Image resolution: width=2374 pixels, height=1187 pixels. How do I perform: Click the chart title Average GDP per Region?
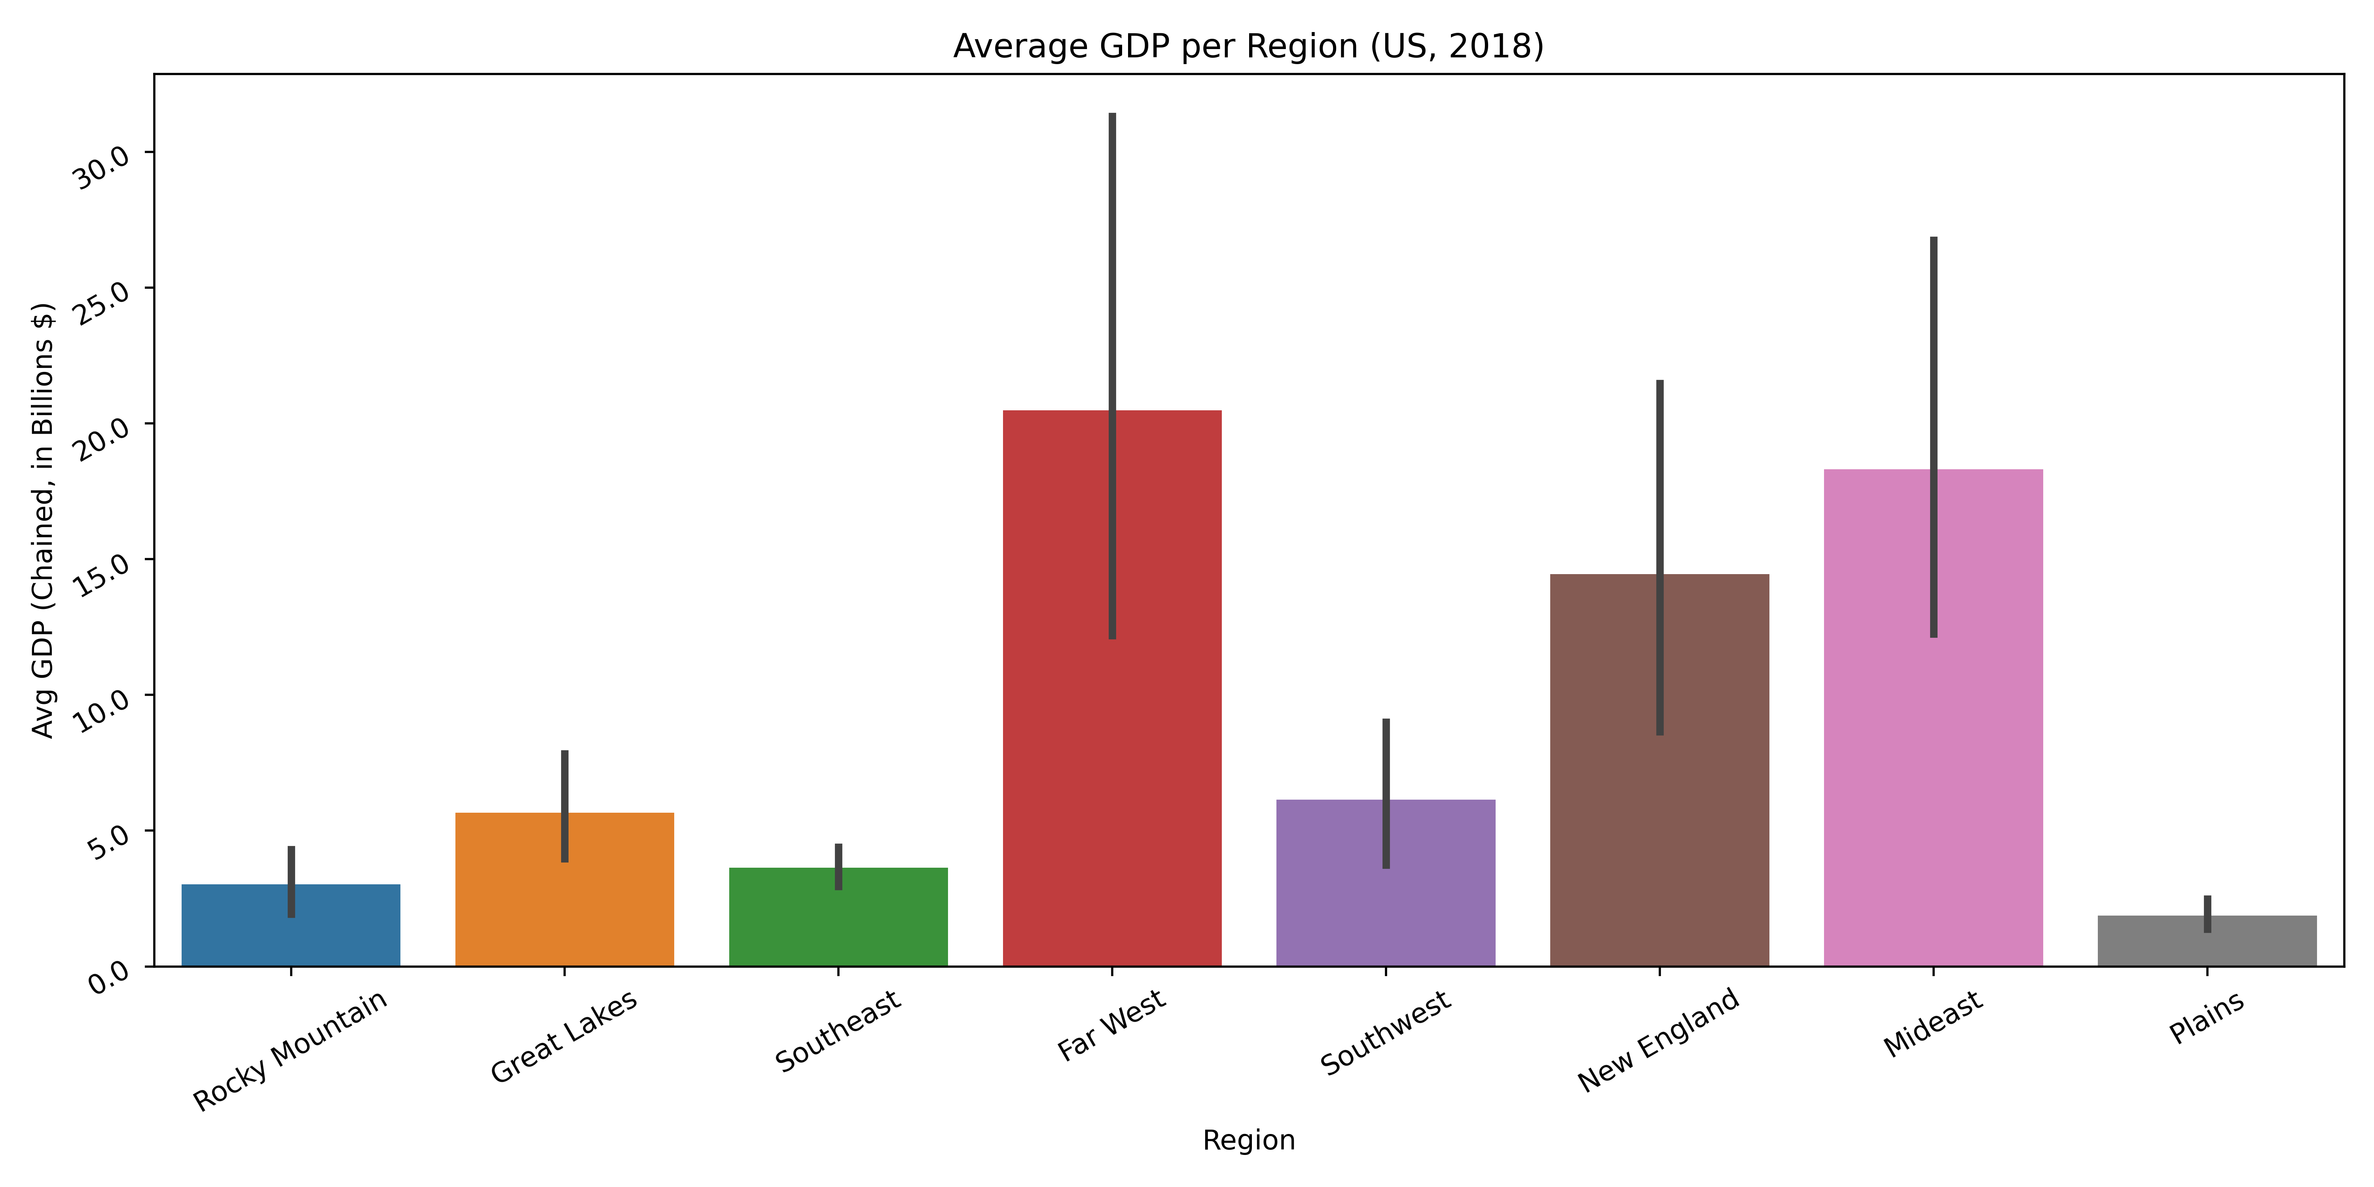pyautogui.click(x=1248, y=46)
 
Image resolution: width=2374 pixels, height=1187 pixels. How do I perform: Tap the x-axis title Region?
pyautogui.click(x=1248, y=1140)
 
